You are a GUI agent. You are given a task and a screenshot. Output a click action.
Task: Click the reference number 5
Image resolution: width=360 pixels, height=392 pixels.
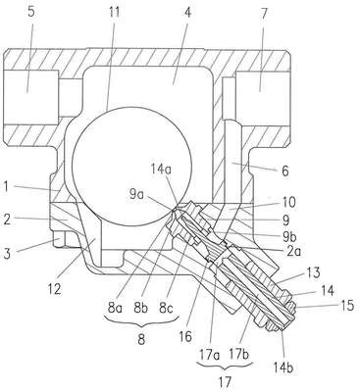point(31,12)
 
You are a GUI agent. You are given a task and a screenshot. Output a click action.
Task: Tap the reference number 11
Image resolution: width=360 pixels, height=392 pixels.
point(114,13)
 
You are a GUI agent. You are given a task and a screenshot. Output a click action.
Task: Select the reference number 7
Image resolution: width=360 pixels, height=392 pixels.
point(264,14)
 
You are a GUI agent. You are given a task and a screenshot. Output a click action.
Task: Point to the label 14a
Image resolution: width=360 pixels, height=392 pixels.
point(162,170)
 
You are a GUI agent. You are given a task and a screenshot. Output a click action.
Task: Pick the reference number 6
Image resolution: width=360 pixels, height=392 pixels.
point(285,171)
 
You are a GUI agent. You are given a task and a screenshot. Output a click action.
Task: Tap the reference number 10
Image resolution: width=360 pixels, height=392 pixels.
point(288,202)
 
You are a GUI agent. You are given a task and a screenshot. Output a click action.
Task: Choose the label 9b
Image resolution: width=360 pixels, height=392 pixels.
point(289,235)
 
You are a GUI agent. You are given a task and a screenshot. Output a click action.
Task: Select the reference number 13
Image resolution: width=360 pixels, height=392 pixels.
point(313,273)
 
